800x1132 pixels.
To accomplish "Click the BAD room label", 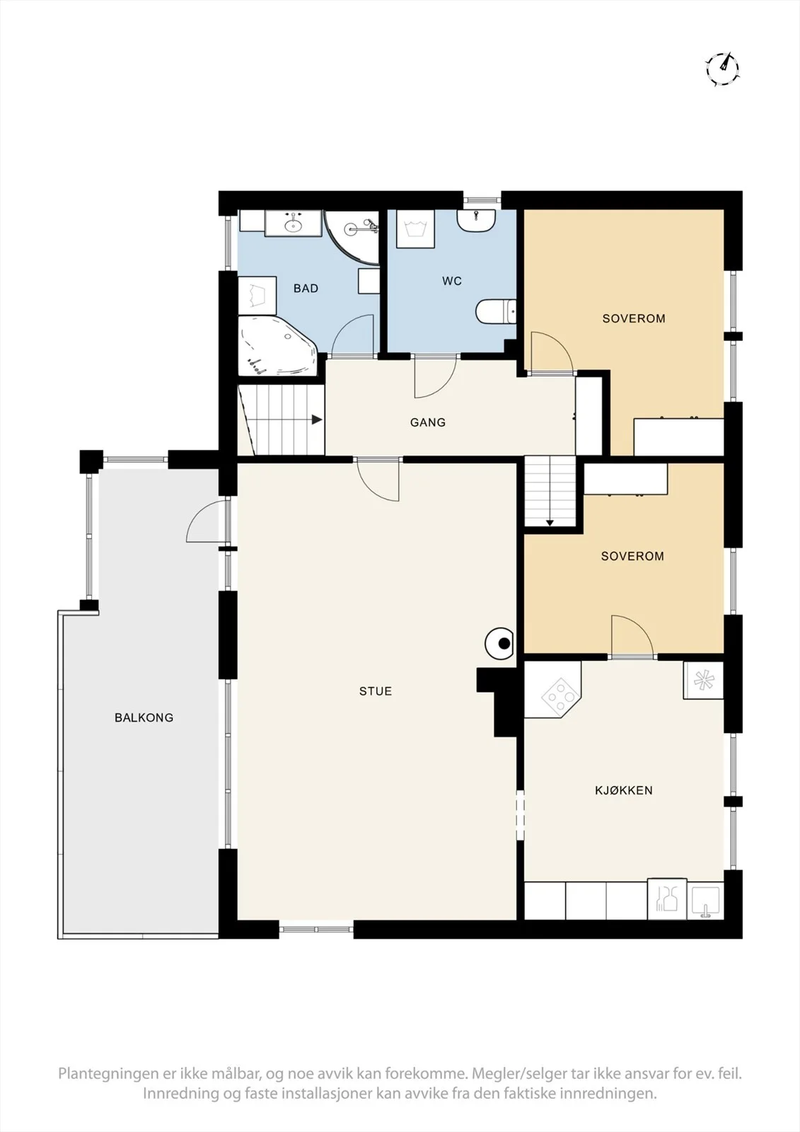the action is [x=306, y=289].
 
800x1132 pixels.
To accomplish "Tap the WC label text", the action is [x=452, y=281].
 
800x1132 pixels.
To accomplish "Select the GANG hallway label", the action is [x=428, y=422].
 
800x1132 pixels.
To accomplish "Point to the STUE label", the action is [x=376, y=691].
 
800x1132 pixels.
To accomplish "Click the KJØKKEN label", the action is [x=624, y=790].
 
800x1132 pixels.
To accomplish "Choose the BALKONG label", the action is [x=144, y=717].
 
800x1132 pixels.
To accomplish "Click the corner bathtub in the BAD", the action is [x=278, y=346].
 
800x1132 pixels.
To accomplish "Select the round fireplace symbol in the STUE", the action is [x=500, y=643].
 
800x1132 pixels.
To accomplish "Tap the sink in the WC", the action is [x=476, y=221].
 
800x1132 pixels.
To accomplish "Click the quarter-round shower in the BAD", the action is [x=352, y=238].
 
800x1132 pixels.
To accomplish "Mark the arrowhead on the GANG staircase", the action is [x=318, y=420].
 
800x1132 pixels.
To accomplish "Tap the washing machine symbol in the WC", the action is [x=415, y=229].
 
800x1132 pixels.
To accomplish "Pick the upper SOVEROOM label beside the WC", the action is [x=634, y=318].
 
